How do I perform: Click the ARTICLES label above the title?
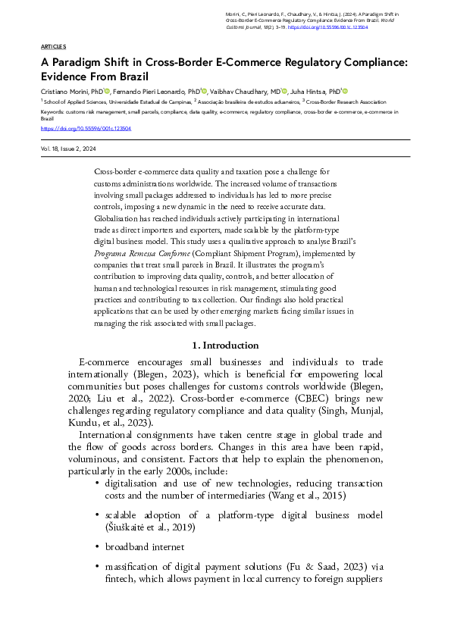[53, 46]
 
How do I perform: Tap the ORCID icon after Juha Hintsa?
[346, 89]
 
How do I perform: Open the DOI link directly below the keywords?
[86, 128]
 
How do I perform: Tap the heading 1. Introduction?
[225, 346]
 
